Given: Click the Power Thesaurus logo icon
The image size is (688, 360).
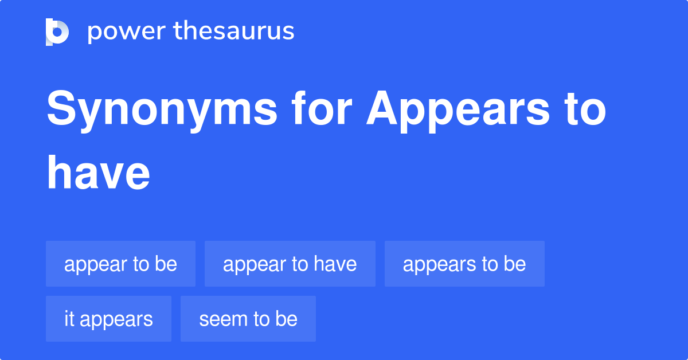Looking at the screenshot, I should point(57,32).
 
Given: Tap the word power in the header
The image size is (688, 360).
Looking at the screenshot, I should point(126,32).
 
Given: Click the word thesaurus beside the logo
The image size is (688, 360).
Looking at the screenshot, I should point(234,32).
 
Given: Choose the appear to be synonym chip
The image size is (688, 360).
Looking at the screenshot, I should point(120,264).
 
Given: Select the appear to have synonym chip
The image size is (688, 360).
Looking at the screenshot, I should point(290,264).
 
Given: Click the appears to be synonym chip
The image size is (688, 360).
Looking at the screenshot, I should point(464,264).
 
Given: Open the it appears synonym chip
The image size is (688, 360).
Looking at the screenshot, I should point(108,319).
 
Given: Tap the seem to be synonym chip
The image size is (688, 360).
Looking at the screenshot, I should point(248,319).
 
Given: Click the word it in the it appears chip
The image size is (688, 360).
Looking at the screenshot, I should point(69,319).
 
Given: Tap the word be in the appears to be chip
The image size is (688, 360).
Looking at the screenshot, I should point(515,264).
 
